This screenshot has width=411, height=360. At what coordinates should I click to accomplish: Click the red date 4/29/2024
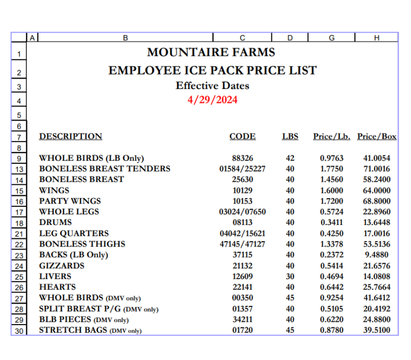point(212,100)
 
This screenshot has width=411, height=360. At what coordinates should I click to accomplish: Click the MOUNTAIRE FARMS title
point(211,52)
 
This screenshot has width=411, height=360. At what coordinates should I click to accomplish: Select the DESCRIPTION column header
point(71,137)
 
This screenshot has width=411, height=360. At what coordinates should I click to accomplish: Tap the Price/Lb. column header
point(332,137)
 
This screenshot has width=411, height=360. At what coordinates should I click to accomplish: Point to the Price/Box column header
point(377,137)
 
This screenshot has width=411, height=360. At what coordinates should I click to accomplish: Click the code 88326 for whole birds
point(242,158)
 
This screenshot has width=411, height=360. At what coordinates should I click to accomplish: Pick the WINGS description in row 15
point(54,190)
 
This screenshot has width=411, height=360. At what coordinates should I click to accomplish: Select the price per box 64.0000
point(377,190)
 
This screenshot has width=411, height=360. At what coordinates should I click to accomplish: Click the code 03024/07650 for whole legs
point(242,212)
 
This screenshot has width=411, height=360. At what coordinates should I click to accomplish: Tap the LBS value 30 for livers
point(290,276)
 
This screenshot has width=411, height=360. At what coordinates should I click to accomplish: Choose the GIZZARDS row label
point(62,266)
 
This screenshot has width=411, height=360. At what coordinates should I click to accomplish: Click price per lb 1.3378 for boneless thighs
point(332,244)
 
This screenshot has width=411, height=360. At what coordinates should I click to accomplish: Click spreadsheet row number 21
point(19,234)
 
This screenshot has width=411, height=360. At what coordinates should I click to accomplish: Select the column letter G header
point(332,37)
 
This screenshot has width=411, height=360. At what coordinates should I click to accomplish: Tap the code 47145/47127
point(242,244)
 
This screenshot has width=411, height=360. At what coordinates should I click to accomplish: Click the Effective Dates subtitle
point(212,86)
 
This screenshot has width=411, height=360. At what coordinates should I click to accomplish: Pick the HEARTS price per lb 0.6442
point(332,287)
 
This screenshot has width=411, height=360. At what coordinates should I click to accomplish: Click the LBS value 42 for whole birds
point(290,158)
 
